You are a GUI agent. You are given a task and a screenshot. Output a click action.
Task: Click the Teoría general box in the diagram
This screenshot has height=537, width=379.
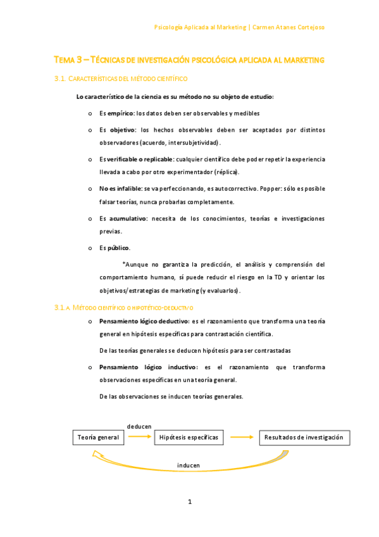[x=98, y=438]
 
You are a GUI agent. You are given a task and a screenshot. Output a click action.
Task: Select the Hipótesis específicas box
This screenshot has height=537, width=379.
[x=189, y=438]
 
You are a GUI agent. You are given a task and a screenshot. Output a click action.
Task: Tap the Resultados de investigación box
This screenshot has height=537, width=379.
[x=304, y=438]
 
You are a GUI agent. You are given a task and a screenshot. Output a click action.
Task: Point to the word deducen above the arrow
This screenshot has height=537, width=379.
[x=139, y=427]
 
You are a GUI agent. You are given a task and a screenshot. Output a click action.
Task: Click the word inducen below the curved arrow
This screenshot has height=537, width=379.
[x=189, y=465]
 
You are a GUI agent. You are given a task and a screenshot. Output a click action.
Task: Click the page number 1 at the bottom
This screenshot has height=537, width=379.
[x=189, y=502]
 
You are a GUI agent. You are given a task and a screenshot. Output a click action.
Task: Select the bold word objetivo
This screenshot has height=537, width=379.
[x=123, y=130]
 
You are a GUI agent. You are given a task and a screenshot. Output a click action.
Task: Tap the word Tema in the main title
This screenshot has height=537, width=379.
[x=64, y=60]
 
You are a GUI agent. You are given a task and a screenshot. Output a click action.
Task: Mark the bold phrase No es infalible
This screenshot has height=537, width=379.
[x=120, y=189]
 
